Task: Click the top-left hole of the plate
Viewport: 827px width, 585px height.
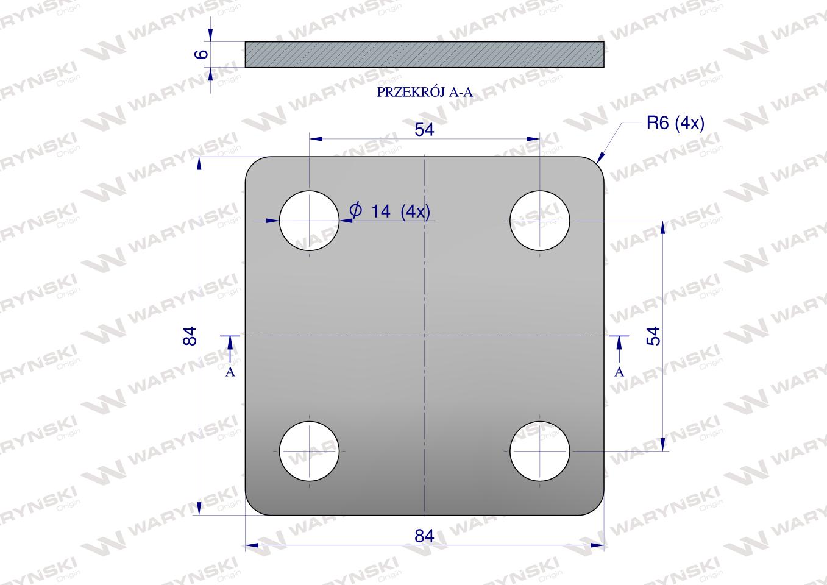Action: [x=310, y=221]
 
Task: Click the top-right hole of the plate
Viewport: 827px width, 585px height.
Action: [x=540, y=221]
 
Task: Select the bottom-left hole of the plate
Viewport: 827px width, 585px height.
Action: [x=310, y=451]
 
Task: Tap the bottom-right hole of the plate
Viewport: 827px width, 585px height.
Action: [x=540, y=451]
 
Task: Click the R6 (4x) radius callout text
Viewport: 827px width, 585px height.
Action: [x=675, y=123]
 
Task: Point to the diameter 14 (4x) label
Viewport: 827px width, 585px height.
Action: [x=390, y=211]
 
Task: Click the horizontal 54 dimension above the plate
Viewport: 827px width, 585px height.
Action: [x=424, y=130]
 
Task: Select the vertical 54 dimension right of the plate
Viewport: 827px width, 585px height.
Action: [x=653, y=336]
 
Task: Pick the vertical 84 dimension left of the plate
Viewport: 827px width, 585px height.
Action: [x=190, y=336]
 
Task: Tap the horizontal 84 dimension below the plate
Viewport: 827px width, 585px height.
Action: [x=424, y=536]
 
